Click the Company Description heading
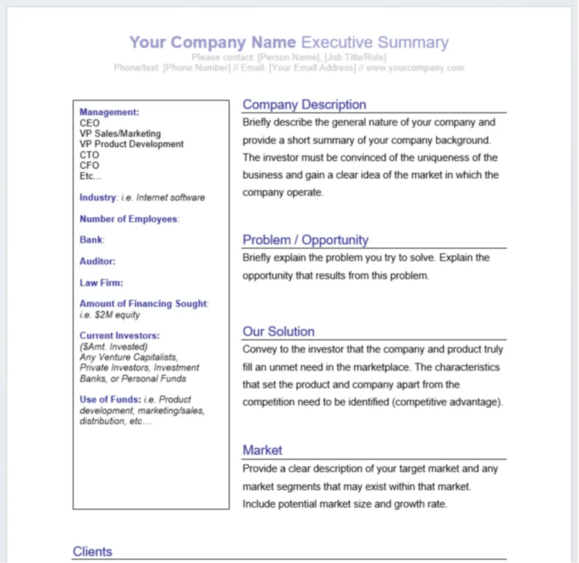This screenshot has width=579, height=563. [304, 105]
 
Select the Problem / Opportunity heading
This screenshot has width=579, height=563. [305, 240]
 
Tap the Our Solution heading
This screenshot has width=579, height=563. [278, 332]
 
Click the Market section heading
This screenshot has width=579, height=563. [262, 451]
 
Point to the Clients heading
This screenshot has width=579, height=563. [92, 552]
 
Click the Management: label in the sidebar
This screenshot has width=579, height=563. [109, 112]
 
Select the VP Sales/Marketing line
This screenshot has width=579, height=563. [119, 133]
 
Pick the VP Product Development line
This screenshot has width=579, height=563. [131, 144]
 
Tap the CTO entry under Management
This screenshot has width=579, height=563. [89, 155]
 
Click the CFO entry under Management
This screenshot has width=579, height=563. [89, 165]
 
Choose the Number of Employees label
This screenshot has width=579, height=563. [128, 219]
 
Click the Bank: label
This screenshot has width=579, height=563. [91, 240]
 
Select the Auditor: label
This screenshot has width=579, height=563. [97, 262]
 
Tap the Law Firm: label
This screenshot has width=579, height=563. [101, 283]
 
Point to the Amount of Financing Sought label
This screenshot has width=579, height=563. [143, 303]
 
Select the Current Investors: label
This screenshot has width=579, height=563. [119, 335]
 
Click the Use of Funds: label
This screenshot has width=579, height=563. [110, 399]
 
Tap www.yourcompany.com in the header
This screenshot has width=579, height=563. [415, 68]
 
